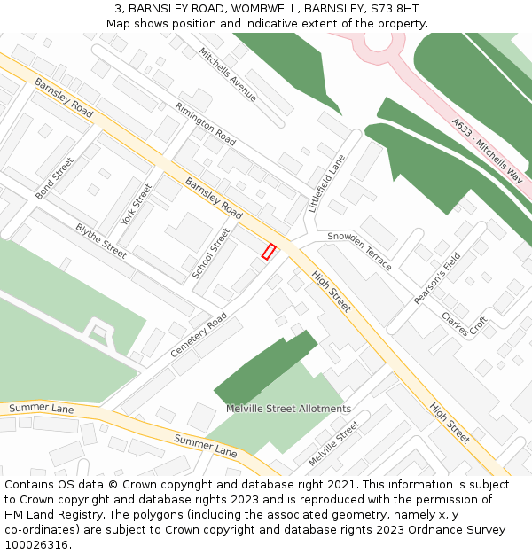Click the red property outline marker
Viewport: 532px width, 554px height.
click(269, 252)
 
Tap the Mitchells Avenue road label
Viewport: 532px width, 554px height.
click(228, 74)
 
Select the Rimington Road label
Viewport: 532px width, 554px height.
click(206, 124)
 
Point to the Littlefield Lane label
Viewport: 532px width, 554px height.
click(326, 183)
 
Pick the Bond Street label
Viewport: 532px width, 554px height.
click(54, 178)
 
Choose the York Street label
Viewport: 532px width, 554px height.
click(137, 204)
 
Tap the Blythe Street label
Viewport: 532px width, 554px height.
click(101, 240)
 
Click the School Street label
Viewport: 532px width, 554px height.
click(211, 254)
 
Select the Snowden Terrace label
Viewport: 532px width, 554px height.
click(359, 251)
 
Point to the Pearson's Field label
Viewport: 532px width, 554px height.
click(437, 279)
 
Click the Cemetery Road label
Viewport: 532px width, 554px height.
click(199, 335)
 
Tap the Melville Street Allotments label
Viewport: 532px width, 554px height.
click(288, 409)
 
